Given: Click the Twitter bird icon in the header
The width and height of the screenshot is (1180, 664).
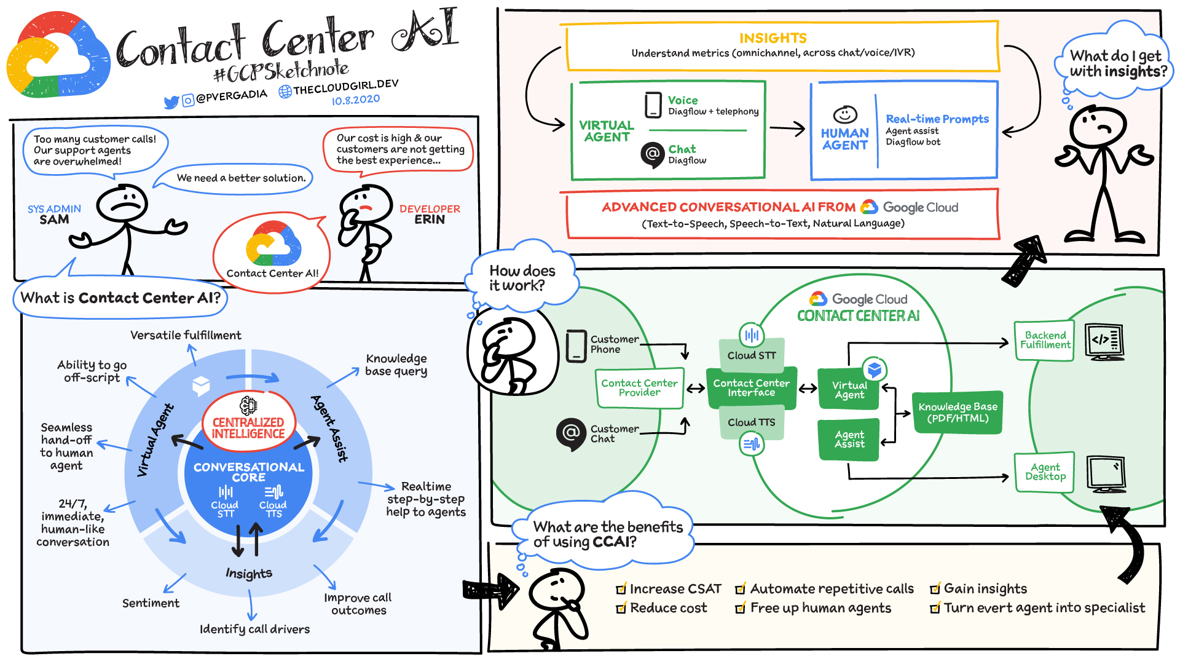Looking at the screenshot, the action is pos(171,101).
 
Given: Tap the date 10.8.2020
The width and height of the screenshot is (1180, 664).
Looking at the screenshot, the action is pos(356,100).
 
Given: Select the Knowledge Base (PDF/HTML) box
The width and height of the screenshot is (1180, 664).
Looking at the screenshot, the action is pos(958,413).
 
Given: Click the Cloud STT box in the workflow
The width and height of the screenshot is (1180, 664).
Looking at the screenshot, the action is pos(752,355).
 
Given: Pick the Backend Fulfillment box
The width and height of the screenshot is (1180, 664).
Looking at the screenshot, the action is pos(1045,340).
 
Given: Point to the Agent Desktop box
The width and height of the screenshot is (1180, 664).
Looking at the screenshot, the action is pos(1045,472).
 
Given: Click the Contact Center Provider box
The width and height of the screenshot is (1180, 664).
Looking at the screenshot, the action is pos(639,388).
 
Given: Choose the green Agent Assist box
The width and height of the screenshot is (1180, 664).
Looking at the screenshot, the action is pos(849,439).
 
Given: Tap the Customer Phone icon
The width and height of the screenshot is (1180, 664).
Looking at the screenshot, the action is pos(576,346).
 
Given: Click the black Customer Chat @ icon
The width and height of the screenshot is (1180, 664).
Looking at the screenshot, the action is pos(571,433).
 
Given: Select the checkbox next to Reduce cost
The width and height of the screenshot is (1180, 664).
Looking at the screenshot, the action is pos(621,608).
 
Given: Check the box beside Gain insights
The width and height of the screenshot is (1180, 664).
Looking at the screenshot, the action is pos(935,589).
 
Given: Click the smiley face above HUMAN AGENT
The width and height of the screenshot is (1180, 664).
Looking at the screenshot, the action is pos(845,114).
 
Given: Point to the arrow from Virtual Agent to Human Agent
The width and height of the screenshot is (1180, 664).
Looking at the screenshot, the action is pos(787,128).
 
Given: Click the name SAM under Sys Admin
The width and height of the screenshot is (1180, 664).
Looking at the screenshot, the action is pos(54,220).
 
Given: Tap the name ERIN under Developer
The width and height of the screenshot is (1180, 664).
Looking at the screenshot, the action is pos(430,219).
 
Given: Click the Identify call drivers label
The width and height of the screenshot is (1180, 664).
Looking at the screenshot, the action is pos(254,629).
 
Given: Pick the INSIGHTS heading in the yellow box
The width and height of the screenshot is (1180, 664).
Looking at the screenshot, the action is pos(773,38).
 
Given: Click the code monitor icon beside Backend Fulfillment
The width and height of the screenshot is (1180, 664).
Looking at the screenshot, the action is pos(1104,341).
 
